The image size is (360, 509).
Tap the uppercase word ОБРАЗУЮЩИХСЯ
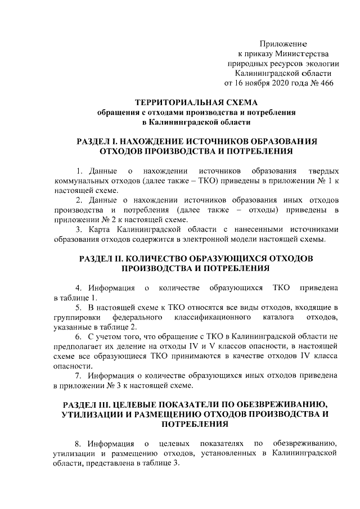pos(236,259)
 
